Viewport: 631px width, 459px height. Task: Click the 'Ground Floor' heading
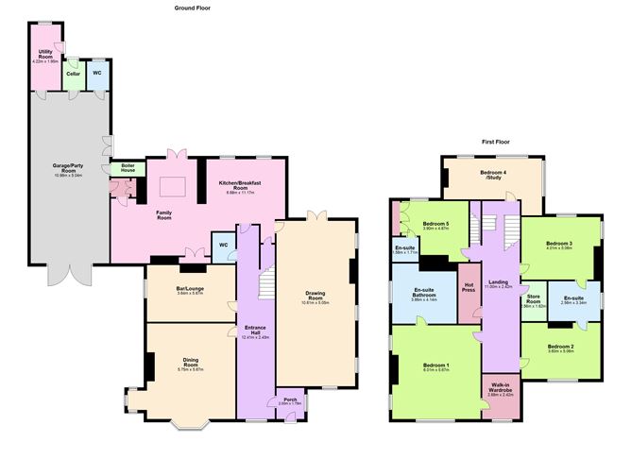click(x=192, y=8)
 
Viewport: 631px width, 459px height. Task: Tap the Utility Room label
click(x=45, y=54)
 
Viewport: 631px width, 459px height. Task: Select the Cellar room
click(x=73, y=73)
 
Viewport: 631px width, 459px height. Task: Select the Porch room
click(x=286, y=400)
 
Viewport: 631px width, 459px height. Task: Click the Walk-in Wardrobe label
click(x=500, y=388)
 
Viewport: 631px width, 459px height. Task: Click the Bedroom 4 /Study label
click(x=492, y=175)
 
